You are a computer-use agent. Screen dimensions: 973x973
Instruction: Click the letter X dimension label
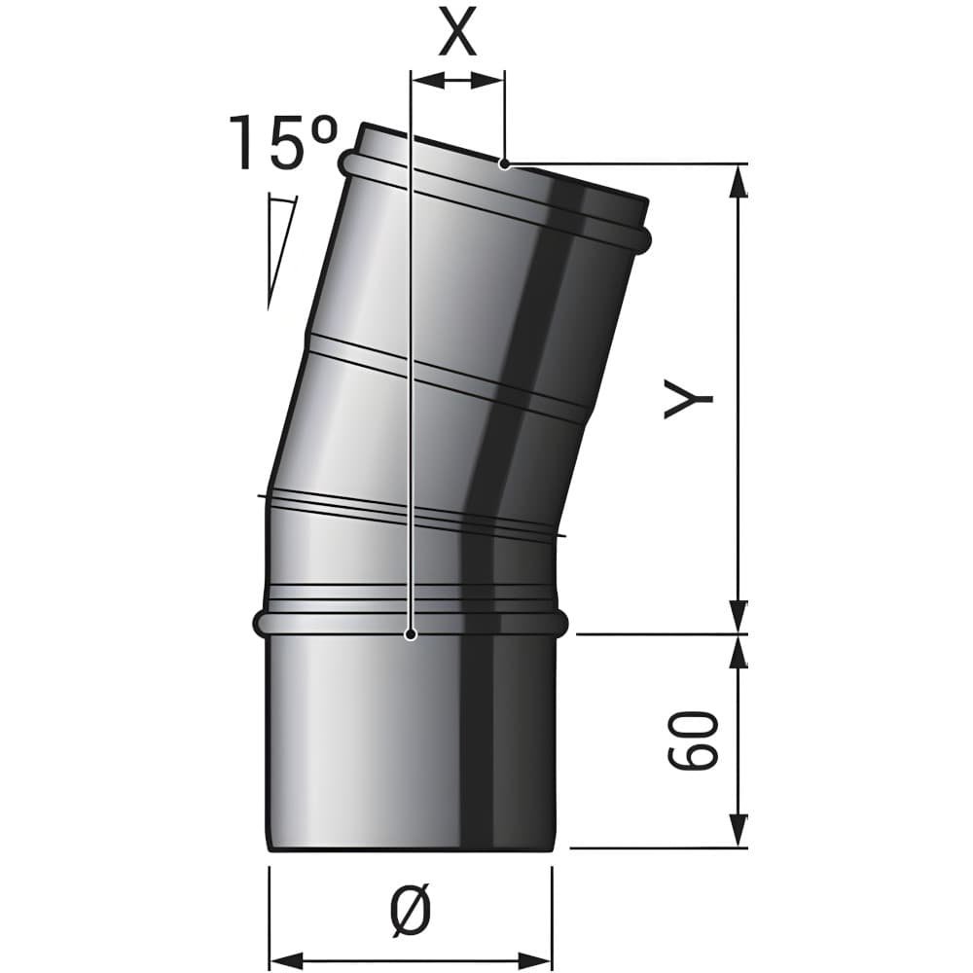pos(458,31)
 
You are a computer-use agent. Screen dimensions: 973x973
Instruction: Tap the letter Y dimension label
pos(688,399)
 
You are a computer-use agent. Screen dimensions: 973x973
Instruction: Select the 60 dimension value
pos(693,740)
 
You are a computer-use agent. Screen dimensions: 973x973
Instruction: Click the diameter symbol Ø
pos(411,910)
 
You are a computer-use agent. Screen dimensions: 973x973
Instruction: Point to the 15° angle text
pos(284,143)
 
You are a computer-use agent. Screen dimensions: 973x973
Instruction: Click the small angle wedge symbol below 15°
pos(280,251)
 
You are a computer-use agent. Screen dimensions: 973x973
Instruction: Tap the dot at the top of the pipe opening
pos(505,164)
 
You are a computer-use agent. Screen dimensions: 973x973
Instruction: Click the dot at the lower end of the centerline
pos(411,634)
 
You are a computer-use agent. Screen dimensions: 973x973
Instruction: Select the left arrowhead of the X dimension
pos(428,80)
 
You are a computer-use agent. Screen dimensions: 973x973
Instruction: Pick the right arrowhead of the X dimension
pos(487,80)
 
